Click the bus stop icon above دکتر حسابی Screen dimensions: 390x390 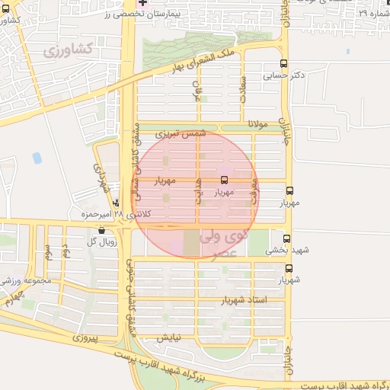[x=284, y=64]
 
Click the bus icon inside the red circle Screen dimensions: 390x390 [x=224, y=181]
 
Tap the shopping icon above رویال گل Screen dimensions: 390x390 [x=101, y=230]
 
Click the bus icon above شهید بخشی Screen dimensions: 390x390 [x=286, y=238]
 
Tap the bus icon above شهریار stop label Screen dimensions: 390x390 [x=289, y=268]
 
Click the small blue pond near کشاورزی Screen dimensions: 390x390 [x=37, y=158]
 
